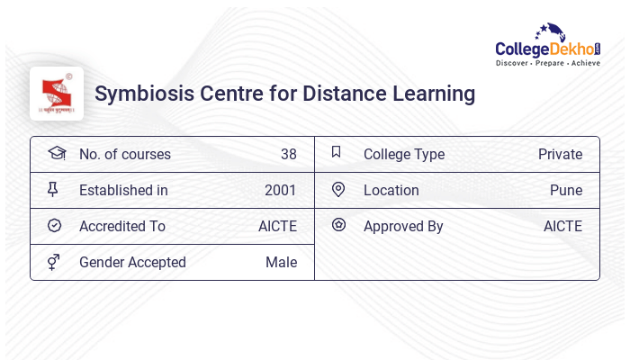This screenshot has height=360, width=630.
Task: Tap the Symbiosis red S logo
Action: point(56,93)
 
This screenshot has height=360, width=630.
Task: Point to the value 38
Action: point(288,154)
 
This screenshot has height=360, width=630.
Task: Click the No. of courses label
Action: point(124,154)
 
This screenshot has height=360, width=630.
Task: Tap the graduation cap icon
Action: point(56,153)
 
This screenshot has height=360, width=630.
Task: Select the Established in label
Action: point(123,190)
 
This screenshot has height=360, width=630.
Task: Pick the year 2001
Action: point(280,190)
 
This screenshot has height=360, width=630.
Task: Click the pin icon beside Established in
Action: point(53,189)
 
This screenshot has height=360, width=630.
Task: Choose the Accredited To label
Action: point(122,226)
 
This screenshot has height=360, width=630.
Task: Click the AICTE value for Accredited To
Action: point(277,226)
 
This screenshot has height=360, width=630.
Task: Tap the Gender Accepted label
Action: point(132,262)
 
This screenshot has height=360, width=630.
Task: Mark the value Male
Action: point(281,262)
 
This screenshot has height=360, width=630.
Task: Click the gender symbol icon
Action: point(54,261)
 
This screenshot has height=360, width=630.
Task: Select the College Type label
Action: point(404,154)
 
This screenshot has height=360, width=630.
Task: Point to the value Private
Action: point(560,154)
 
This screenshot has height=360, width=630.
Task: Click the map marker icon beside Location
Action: point(338,189)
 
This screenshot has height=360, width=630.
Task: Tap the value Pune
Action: point(566,190)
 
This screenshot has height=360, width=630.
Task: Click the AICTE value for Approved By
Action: point(562,226)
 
